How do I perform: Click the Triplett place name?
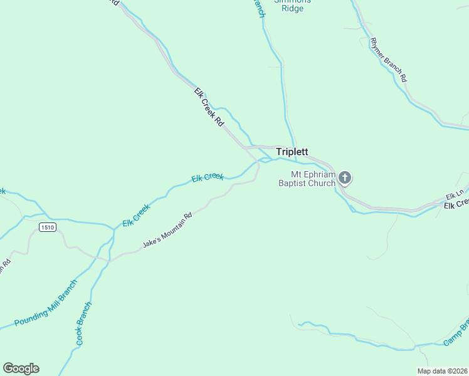(292, 152)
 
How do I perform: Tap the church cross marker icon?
(344, 178)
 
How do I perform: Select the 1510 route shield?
(48, 227)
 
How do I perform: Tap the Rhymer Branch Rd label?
(389, 61)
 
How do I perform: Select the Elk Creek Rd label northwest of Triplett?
(209, 108)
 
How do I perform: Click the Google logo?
(21, 368)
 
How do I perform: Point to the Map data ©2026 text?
(443, 371)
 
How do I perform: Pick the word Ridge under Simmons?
(292, 9)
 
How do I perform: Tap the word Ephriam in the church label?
(320, 175)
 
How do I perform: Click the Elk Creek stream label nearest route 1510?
(136, 216)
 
